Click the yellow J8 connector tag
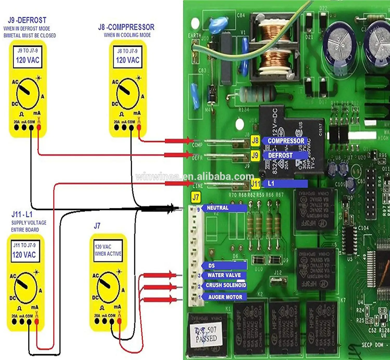coord(255,141)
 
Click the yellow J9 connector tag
coord(255,156)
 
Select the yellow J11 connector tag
coord(256,184)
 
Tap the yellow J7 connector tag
coord(196,197)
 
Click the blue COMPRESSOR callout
coord(285,141)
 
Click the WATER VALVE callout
coord(224,275)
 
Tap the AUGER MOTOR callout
coord(225,297)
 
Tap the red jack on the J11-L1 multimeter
coord(37,322)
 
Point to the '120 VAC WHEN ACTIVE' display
coord(108,250)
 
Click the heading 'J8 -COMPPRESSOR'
coord(126,27)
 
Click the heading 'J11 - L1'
coord(22,214)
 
